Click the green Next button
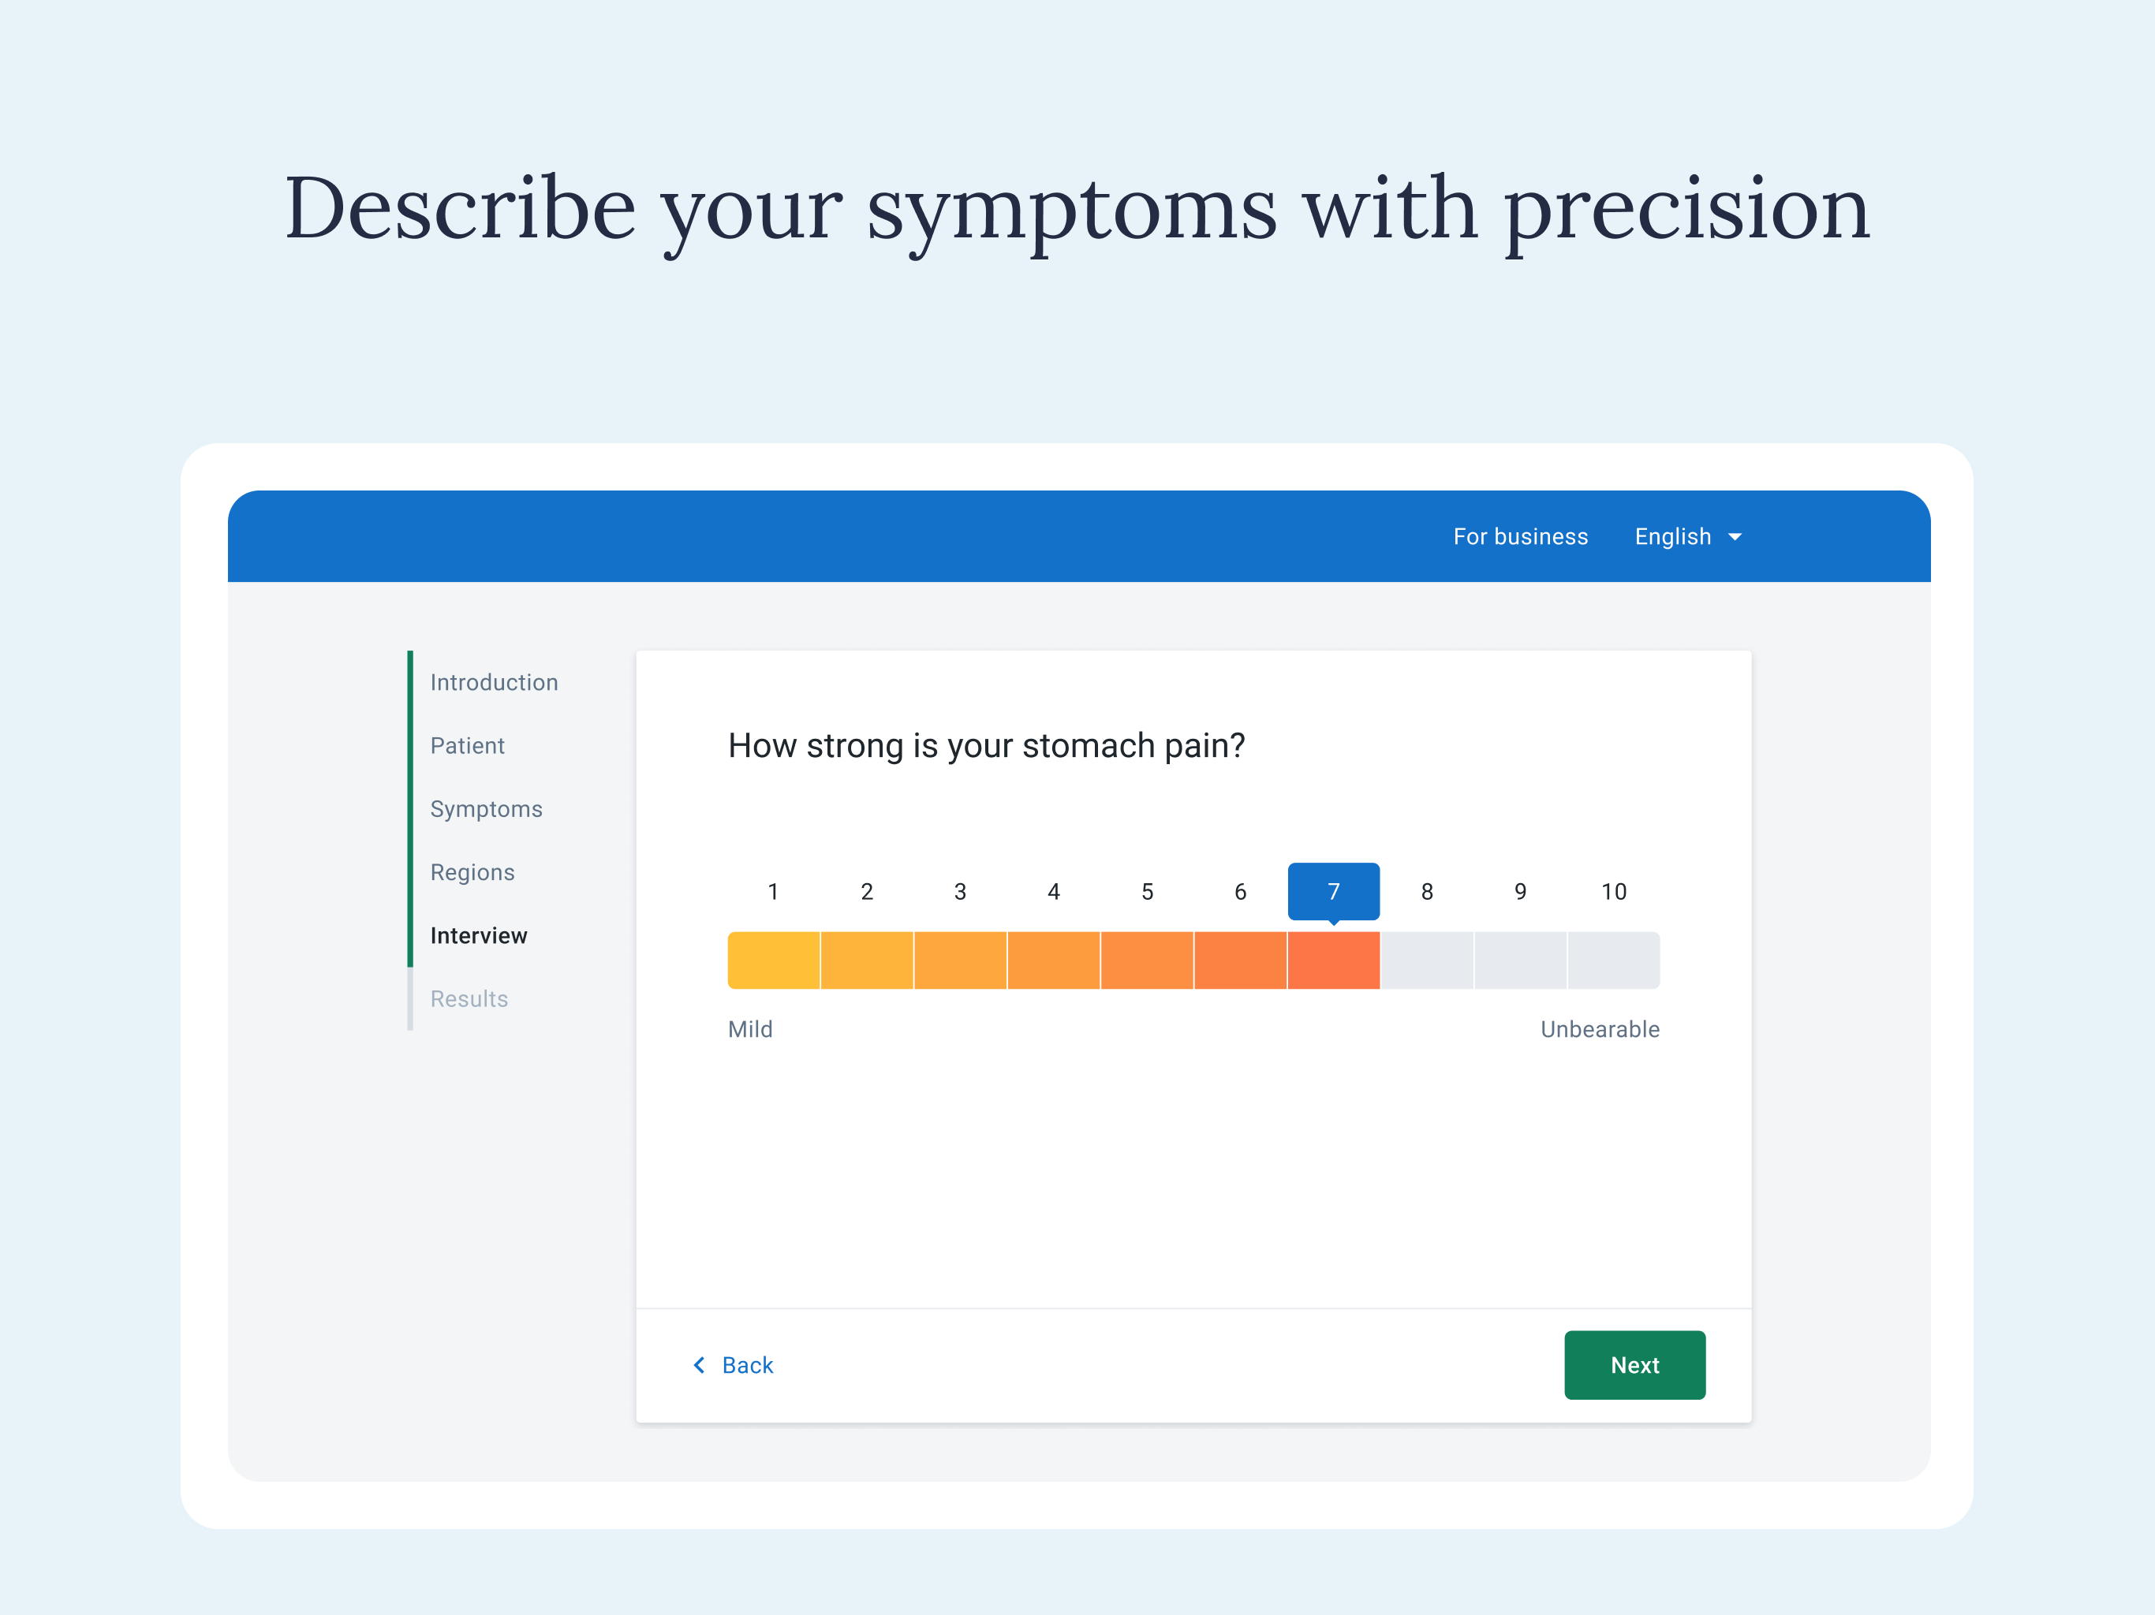tap(1634, 1365)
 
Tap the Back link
tap(733, 1365)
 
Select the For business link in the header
tap(1520, 537)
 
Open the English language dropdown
tap(1687, 537)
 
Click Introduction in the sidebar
tap(494, 682)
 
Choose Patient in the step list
tap(468, 745)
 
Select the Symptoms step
tap(486, 808)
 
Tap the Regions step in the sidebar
tap(472, 872)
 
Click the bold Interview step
tap(478, 935)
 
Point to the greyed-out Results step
tap(469, 998)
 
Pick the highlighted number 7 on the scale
tap(1334, 891)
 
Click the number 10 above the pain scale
tap(1613, 891)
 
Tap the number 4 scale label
tap(1053, 891)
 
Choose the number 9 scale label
tap(1520, 891)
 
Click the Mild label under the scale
tap(750, 1028)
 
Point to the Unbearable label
tap(1600, 1028)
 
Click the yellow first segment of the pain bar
tap(774, 960)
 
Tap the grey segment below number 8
tap(1427, 960)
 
